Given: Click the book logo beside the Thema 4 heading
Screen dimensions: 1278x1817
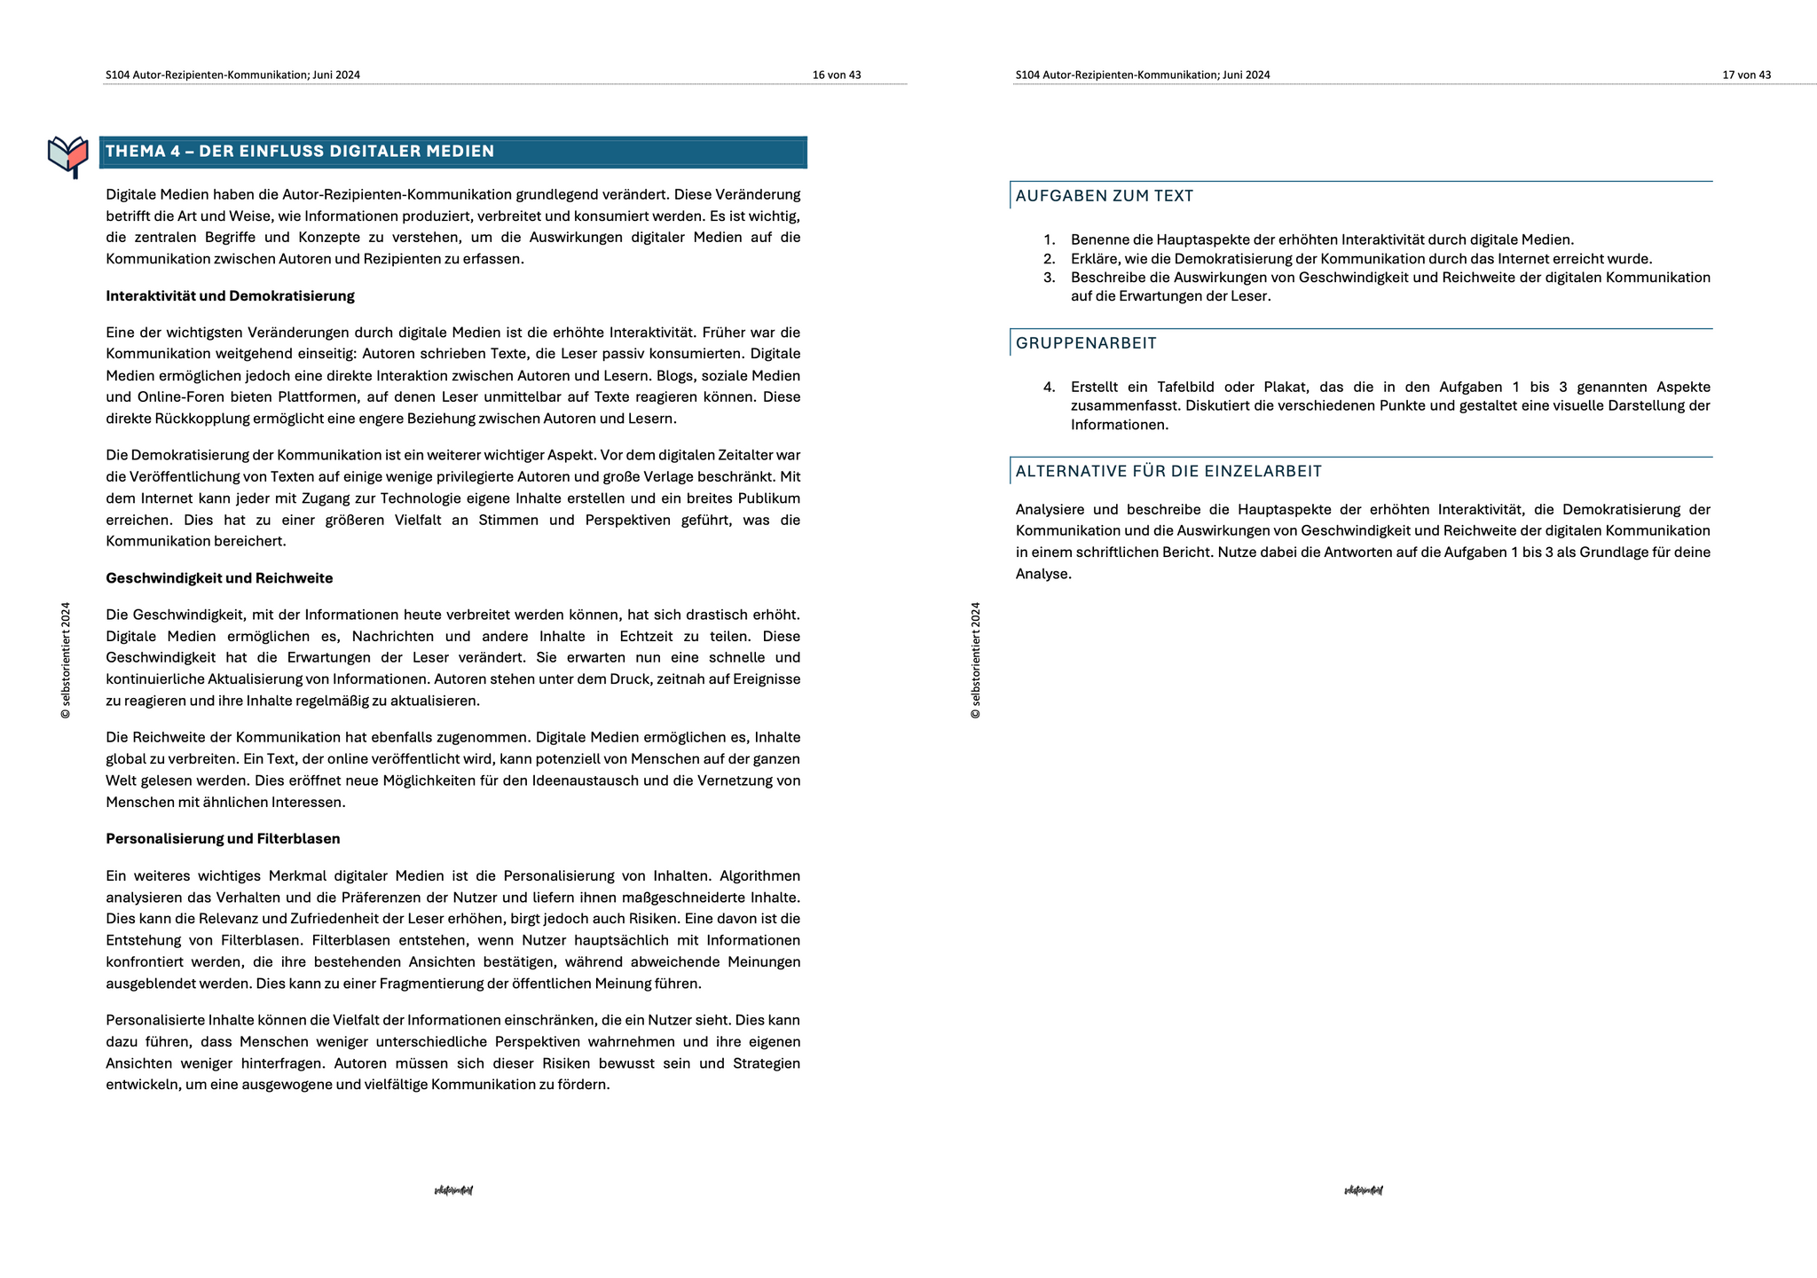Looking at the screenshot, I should [x=68, y=155].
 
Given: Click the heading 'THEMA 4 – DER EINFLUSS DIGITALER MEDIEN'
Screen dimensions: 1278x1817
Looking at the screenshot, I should [x=300, y=152].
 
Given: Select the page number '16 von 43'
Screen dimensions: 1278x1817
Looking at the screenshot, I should [x=837, y=75].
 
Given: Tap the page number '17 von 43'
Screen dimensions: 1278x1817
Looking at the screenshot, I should [x=1746, y=75].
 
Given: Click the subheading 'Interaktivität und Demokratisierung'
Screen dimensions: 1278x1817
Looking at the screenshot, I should [x=230, y=296].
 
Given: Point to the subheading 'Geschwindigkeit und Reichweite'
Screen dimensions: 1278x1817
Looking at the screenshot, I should [x=219, y=578].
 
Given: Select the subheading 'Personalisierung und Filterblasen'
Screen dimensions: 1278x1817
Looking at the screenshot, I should [x=223, y=839].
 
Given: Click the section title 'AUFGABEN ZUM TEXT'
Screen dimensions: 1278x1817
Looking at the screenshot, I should [x=1105, y=196].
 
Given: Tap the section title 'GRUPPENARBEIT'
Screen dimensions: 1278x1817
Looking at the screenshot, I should [x=1086, y=343].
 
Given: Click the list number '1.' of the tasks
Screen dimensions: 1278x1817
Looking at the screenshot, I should [x=1050, y=240].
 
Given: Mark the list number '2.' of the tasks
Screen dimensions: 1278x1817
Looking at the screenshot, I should [x=1050, y=259].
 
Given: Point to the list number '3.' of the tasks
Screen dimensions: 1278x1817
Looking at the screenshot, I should [x=1050, y=278].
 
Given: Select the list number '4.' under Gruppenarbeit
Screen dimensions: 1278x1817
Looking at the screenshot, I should [x=1050, y=388].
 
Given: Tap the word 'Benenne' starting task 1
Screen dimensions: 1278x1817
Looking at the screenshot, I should [x=1097, y=240].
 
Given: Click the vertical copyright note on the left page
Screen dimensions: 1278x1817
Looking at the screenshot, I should [x=66, y=661].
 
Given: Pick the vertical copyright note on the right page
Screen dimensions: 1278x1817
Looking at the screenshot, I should [x=976, y=661].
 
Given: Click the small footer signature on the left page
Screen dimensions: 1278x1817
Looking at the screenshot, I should [x=453, y=1190].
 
